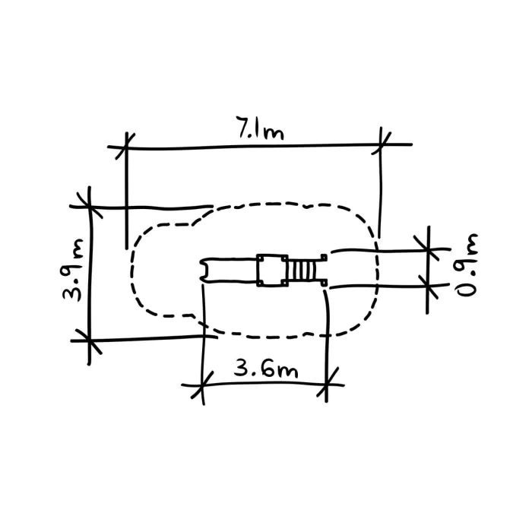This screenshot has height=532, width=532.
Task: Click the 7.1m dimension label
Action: click(x=260, y=128)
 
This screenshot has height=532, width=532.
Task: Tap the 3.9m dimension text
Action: click(x=72, y=270)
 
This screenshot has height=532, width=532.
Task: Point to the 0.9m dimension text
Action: click(x=467, y=265)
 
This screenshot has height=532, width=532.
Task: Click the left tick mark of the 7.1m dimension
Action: click(x=125, y=146)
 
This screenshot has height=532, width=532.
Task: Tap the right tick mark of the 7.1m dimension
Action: click(x=381, y=144)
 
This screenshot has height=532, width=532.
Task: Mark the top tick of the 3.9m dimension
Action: click(x=89, y=206)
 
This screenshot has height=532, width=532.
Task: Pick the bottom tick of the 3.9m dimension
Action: click(x=89, y=340)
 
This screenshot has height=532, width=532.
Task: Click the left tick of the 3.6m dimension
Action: click(x=203, y=385)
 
